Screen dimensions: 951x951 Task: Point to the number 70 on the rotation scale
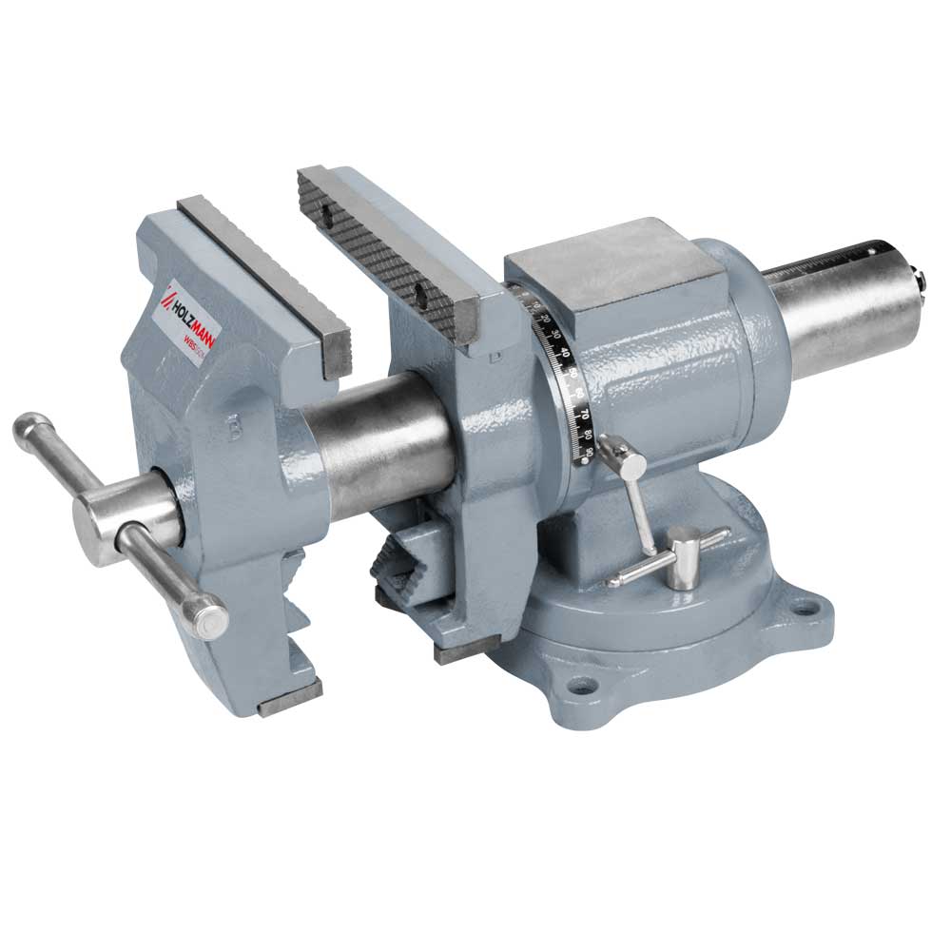[x=582, y=416]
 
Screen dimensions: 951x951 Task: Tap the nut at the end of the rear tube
[x=919, y=278]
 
